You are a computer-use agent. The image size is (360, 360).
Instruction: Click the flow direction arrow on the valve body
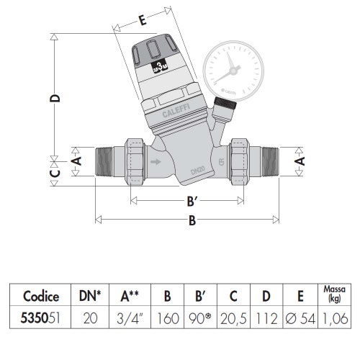[x=156, y=161]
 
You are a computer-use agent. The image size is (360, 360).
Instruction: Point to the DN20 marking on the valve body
[x=197, y=170]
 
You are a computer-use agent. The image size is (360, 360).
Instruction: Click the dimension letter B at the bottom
[x=192, y=222]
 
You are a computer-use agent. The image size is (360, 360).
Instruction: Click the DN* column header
[x=91, y=296]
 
